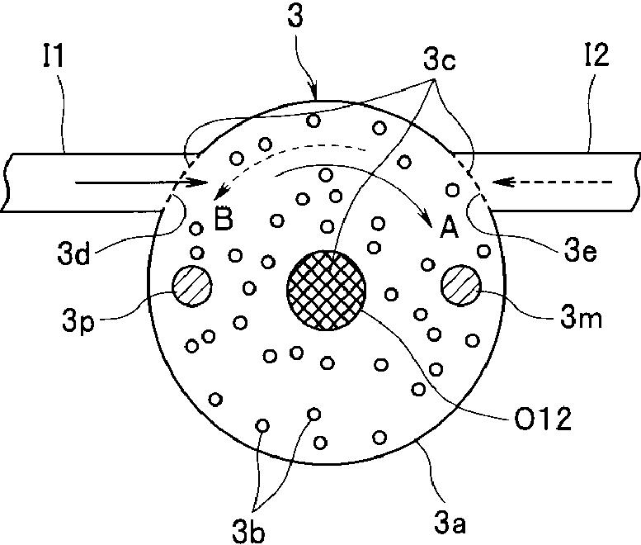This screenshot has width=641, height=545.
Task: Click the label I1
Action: (x=54, y=55)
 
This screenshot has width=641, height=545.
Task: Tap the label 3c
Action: (x=440, y=61)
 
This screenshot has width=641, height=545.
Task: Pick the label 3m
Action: (x=581, y=317)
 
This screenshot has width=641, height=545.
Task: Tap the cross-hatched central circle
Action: (x=326, y=290)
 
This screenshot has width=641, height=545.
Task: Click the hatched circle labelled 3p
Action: (x=191, y=286)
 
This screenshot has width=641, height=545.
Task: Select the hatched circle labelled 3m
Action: (x=460, y=285)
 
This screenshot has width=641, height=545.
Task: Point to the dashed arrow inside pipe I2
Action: (x=552, y=182)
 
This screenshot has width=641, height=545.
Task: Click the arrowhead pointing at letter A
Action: (x=426, y=218)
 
